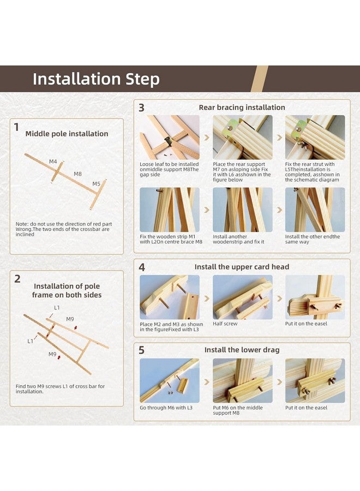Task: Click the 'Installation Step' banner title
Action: click(x=96, y=79)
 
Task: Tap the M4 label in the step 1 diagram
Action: click(x=53, y=161)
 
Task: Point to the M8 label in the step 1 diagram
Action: click(x=77, y=174)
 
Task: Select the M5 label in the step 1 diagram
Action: click(x=96, y=184)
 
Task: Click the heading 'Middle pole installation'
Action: click(x=67, y=134)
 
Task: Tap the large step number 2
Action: click(x=17, y=279)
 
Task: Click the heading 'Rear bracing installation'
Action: click(x=242, y=107)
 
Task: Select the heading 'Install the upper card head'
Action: click(x=242, y=267)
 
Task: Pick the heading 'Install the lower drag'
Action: click(x=242, y=350)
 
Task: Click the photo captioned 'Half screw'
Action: click(x=243, y=297)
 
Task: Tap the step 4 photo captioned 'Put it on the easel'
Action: click(x=315, y=297)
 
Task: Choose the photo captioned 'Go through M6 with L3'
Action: click(x=169, y=380)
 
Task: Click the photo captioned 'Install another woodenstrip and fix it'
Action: click(x=243, y=209)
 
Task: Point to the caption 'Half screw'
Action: click(x=225, y=324)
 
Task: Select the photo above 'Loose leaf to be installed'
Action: click(x=169, y=137)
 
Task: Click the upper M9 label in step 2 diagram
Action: click(x=70, y=319)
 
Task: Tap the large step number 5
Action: click(x=141, y=350)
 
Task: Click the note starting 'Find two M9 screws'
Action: click(x=60, y=389)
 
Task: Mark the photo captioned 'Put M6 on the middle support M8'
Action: click(x=243, y=380)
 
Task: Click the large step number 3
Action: click(x=141, y=107)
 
